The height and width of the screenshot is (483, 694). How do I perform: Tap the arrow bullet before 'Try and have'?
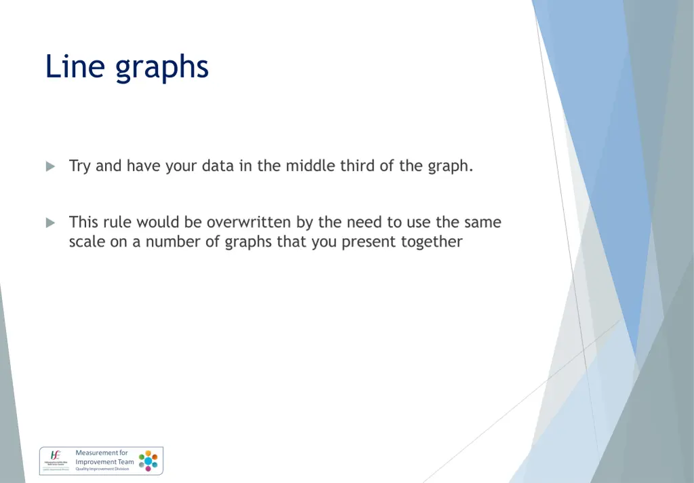(x=51, y=166)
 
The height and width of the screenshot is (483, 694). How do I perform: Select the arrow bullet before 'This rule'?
(x=51, y=223)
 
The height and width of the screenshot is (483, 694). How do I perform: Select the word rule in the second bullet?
(x=117, y=223)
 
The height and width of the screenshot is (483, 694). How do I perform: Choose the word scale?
(x=87, y=242)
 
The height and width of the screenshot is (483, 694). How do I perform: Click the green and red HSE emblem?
(x=56, y=455)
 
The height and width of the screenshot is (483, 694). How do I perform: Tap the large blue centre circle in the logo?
(x=148, y=461)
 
